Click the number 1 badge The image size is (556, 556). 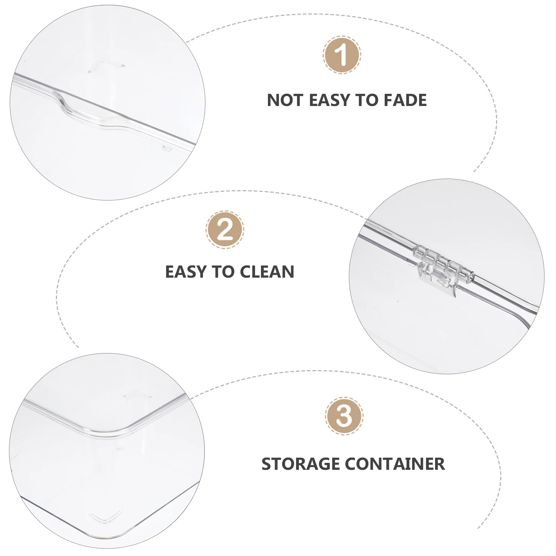(x=342, y=55)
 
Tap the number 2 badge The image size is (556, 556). (x=224, y=230)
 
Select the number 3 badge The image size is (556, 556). (x=344, y=416)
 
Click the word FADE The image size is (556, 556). (x=405, y=100)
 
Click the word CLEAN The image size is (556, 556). (x=267, y=271)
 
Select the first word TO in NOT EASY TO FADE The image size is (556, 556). (x=366, y=100)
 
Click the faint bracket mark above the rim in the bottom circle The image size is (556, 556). (x=134, y=395)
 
